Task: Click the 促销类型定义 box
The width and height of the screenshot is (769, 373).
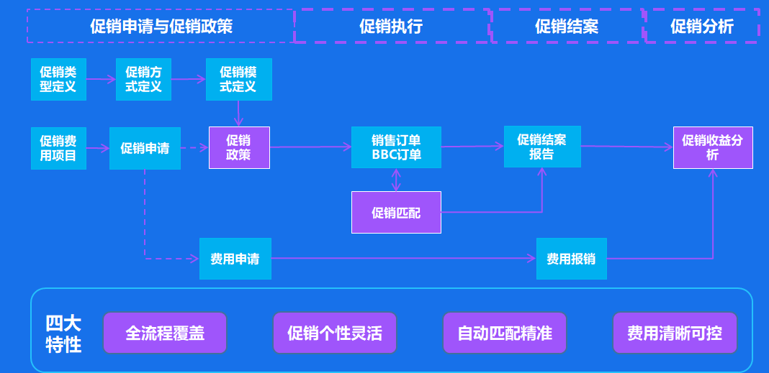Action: coord(58,80)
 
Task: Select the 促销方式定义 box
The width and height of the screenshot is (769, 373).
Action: coord(143,80)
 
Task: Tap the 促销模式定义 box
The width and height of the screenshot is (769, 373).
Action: coord(238,80)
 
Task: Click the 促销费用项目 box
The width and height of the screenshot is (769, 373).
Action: coord(58,148)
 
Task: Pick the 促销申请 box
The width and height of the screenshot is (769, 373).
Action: coord(145,149)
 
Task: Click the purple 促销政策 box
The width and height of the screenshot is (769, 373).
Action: coord(239,147)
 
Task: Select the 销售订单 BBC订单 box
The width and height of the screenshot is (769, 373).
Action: coord(396,147)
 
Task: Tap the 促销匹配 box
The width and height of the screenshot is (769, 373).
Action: coord(396,213)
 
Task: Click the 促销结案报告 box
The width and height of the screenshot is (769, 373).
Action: coord(541,147)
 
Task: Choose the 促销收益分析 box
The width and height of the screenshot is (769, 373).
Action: coord(713,148)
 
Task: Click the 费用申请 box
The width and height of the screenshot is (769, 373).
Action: coord(235,259)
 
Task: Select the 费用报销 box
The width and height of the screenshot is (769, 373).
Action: coord(571,259)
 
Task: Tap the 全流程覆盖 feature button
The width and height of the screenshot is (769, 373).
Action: coord(165,333)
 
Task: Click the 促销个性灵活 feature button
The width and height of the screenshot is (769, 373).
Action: coord(335,333)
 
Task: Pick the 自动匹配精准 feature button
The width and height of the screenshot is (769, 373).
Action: coord(505,333)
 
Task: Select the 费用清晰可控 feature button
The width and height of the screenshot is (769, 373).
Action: coord(675,333)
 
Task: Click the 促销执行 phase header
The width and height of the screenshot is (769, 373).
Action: coord(391,27)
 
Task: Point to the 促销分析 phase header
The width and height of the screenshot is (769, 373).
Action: coord(702,27)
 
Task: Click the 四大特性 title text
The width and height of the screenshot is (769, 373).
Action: coord(63,333)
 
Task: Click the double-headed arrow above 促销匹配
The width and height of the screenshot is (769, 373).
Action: coord(396,180)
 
